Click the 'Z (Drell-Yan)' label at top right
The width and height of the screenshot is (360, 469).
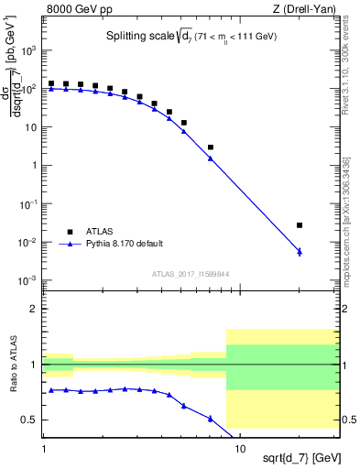(x=307, y=8)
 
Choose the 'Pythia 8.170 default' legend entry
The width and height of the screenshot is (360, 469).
(x=117, y=244)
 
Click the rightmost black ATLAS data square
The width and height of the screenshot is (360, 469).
(x=300, y=225)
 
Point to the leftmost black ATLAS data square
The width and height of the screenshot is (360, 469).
(x=51, y=83)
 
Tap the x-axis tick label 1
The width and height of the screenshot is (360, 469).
(x=44, y=450)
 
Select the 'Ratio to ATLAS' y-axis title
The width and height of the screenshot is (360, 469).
(x=12, y=365)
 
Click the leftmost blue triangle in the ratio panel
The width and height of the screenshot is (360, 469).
(x=51, y=390)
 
